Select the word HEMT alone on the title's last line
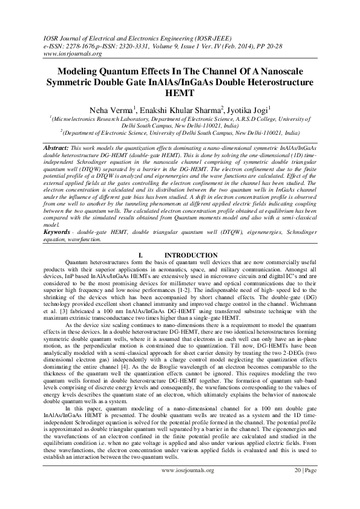pyautogui.click(x=180, y=93)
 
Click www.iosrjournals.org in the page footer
pyautogui.click(x=188, y=486)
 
